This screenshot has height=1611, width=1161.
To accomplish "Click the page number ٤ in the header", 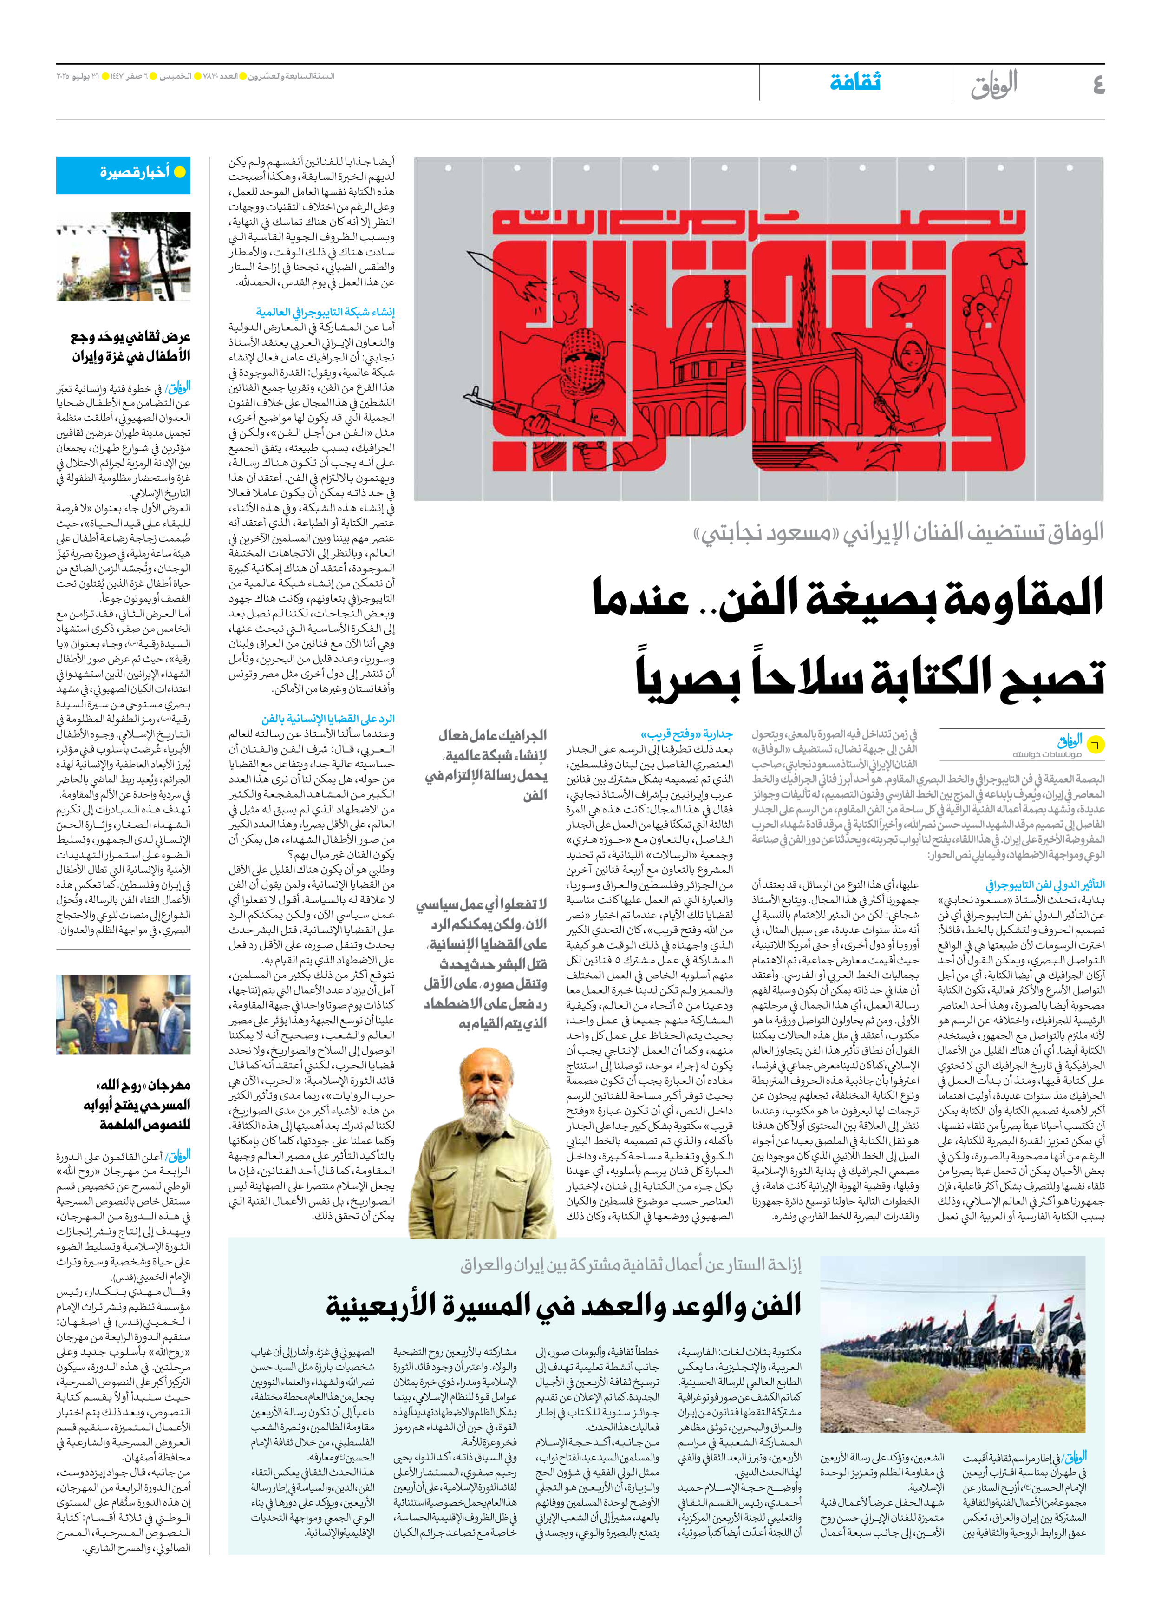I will [x=1098, y=85].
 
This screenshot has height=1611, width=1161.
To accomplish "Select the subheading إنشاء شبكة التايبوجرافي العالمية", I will [x=325, y=312].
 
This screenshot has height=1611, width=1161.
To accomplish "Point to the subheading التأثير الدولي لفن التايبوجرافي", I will [x=1044, y=884].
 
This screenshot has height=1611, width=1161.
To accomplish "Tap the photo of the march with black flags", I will [x=952, y=1354].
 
